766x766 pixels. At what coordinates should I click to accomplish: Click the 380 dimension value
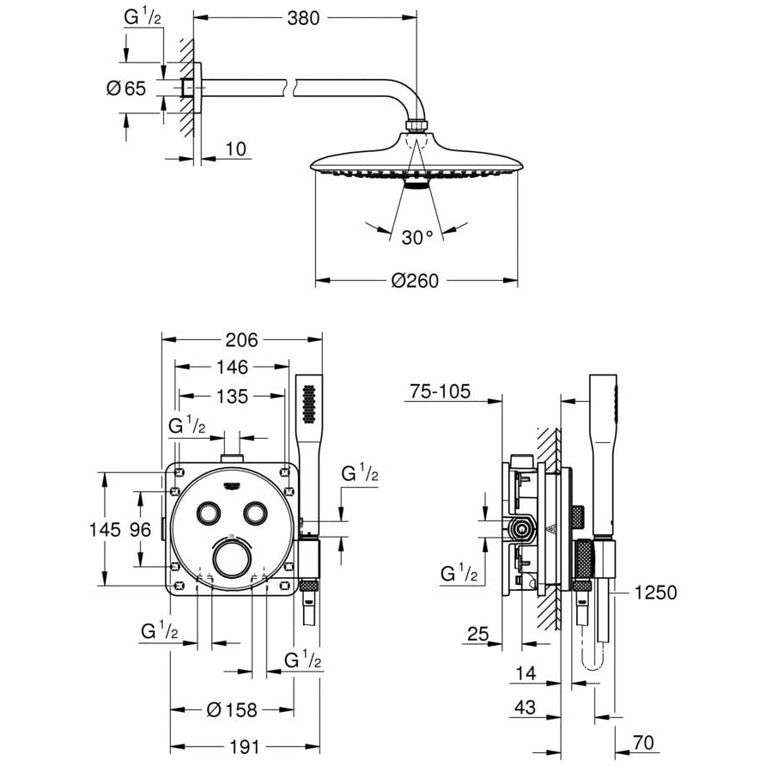tap(303, 18)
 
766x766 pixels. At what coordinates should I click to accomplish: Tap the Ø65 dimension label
tap(126, 88)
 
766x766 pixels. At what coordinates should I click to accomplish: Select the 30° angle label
tap(417, 238)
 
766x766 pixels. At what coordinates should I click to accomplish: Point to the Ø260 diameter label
tap(416, 281)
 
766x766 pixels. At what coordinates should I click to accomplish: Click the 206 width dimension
tap(241, 340)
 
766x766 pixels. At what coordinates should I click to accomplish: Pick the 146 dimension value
tap(232, 367)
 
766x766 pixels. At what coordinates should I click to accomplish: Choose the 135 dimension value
tap(232, 397)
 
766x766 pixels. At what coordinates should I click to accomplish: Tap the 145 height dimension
tap(105, 530)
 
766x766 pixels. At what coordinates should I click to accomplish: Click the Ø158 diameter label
tap(232, 710)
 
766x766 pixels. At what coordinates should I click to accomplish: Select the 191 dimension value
tap(244, 747)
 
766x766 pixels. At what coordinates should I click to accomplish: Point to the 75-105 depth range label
tap(440, 392)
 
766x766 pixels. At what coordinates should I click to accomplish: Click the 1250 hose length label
tap(655, 593)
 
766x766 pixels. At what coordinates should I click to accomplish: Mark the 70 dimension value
tap(643, 743)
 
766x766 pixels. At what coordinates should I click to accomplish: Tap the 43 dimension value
tap(526, 707)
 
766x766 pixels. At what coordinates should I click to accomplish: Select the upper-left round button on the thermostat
tap(209, 513)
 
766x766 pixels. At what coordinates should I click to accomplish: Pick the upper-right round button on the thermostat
tap(255, 513)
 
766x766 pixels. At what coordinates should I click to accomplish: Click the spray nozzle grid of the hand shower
tap(309, 404)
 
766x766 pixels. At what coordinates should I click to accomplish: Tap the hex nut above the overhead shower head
tap(416, 126)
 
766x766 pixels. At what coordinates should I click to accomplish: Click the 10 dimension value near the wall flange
tap(235, 149)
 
